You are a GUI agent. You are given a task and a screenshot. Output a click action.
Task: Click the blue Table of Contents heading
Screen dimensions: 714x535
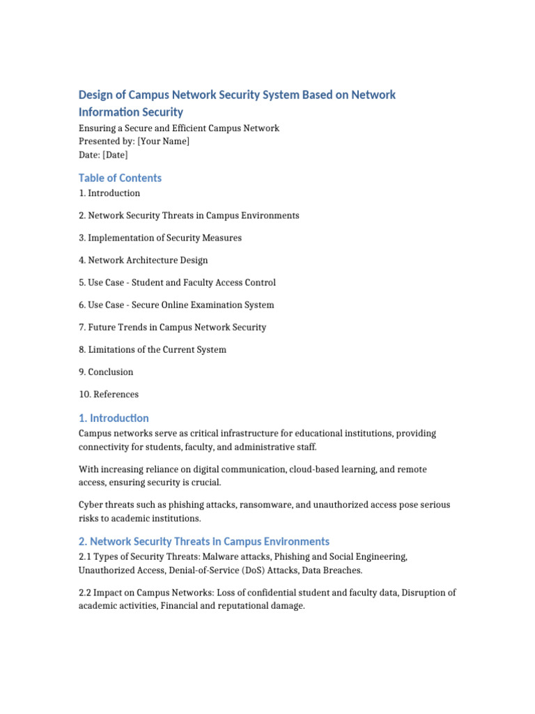pyautogui.click(x=120, y=178)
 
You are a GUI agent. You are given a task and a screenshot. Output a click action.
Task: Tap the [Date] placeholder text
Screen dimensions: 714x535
pyautogui.click(x=115, y=155)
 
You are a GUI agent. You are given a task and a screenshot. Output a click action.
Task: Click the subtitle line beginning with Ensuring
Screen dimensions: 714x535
pyautogui.click(x=179, y=128)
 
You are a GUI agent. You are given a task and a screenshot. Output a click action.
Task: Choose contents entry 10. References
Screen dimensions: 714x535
pyautogui.click(x=109, y=394)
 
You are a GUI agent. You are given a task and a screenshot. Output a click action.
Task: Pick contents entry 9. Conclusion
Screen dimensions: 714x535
pyautogui.click(x=106, y=372)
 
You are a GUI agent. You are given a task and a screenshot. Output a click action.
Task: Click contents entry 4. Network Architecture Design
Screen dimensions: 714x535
pyautogui.click(x=143, y=260)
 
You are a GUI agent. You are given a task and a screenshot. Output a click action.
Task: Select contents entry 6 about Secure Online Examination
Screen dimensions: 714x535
pyautogui.click(x=176, y=305)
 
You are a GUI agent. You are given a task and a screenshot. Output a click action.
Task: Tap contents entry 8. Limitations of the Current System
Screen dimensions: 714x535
pyautogui.click(x=153, y=349)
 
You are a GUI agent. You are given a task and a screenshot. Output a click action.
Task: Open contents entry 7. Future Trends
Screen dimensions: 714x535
pyautogui.click(x=172, y=327)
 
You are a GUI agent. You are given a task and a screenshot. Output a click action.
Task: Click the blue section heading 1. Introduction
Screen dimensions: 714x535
pyautogui.click(x=114, y=418)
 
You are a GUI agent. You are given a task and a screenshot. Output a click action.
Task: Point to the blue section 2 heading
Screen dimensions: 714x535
pyautogui.click(x=204, y=542)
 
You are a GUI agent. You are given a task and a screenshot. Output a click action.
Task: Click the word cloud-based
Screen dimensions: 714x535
pyautogui.click(x=297, y=470)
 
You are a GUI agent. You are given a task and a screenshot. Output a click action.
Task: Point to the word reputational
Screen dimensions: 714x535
pyautogui.click(x=242, y=607)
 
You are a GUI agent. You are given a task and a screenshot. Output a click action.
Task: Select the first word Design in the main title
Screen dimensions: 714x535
pyautogui.click(x=95, y=94)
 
